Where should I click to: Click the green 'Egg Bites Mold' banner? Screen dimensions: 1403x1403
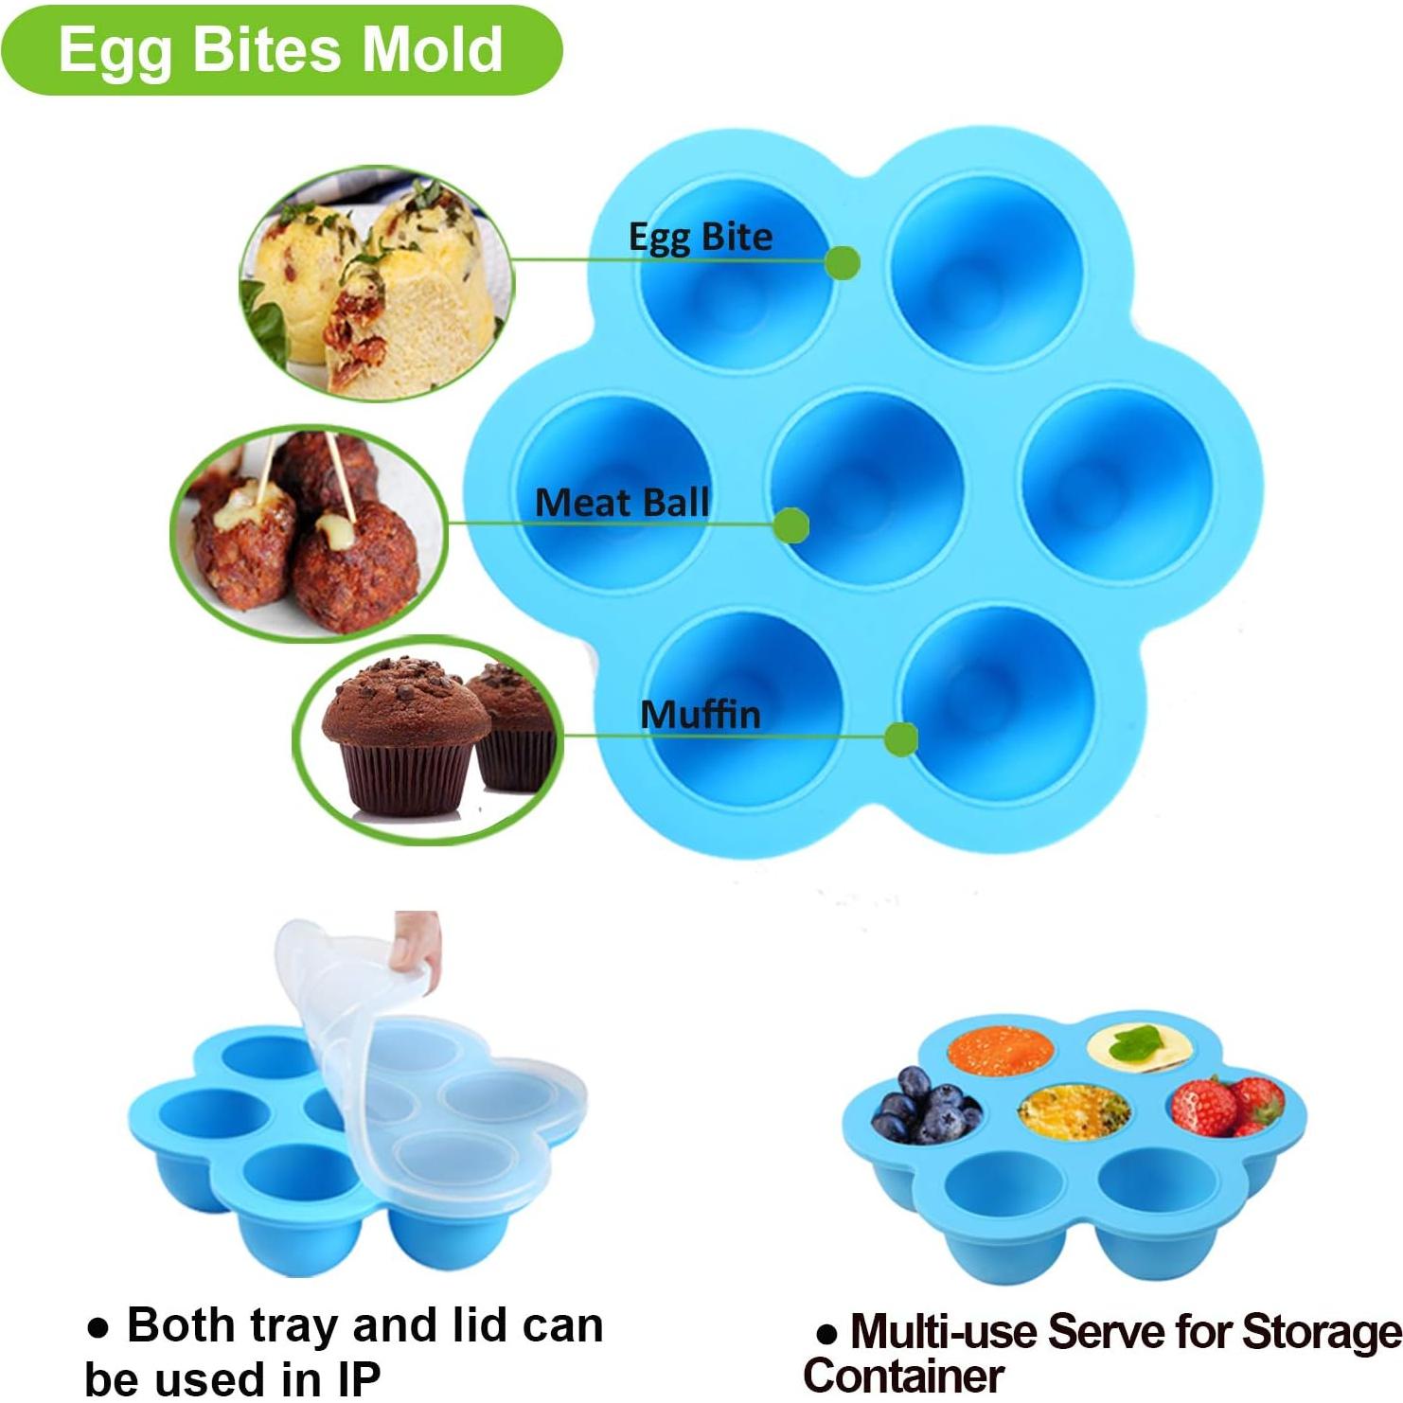[x=280, y=49]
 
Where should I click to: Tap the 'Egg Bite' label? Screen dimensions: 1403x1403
[x=701, y=237]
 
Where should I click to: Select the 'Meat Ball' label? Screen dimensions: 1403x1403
[x=622, y=503]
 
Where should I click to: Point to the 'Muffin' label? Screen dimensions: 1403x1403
[x=701, y=715]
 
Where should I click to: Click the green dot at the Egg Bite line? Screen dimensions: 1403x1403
[x=843, y=262]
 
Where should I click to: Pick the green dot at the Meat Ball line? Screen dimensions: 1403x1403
[x=790, y=524]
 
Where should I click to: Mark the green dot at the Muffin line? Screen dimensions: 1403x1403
[x=900, y=738]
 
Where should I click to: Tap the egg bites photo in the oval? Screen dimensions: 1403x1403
[x=376, y=283]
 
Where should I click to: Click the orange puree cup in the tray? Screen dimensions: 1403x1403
[x=1000, y=1052]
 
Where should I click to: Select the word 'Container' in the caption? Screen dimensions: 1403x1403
[x=903, y=1375]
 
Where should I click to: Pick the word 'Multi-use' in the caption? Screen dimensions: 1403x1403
[x=944, y=1331]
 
